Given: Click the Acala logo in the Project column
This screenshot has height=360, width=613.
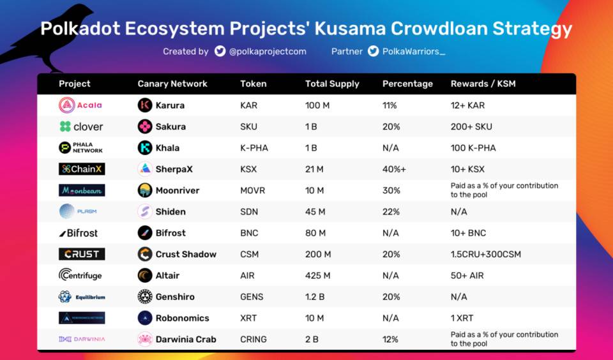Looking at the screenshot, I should [x=80, y=105].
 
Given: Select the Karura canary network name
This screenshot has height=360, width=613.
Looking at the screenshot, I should [x=170, y=105].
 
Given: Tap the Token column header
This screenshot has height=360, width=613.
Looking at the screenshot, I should [x=254, y=84].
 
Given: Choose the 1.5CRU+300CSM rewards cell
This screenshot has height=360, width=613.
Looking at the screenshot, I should [x=485, y=254].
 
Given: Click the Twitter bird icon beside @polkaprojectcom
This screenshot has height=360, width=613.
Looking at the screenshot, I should [x=220, y=51].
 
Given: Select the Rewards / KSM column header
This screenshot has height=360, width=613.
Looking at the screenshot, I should [x=483, y=84].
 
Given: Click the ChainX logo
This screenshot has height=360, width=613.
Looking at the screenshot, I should [x=82, y=169].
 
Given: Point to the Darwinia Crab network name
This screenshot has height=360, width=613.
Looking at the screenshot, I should [x=186, y=340].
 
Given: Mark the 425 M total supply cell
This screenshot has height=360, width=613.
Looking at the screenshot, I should [x=319, y=276].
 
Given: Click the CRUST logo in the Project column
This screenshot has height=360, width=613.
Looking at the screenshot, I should [x=82, y=254].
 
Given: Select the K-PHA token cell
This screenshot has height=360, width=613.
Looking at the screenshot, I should [x=254, y=148].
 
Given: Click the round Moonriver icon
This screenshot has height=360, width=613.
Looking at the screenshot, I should [x=145, y=190].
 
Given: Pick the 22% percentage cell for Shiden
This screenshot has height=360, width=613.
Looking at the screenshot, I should [x=391, y=212].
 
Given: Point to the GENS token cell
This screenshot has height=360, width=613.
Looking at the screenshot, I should [x=252, y=297].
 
